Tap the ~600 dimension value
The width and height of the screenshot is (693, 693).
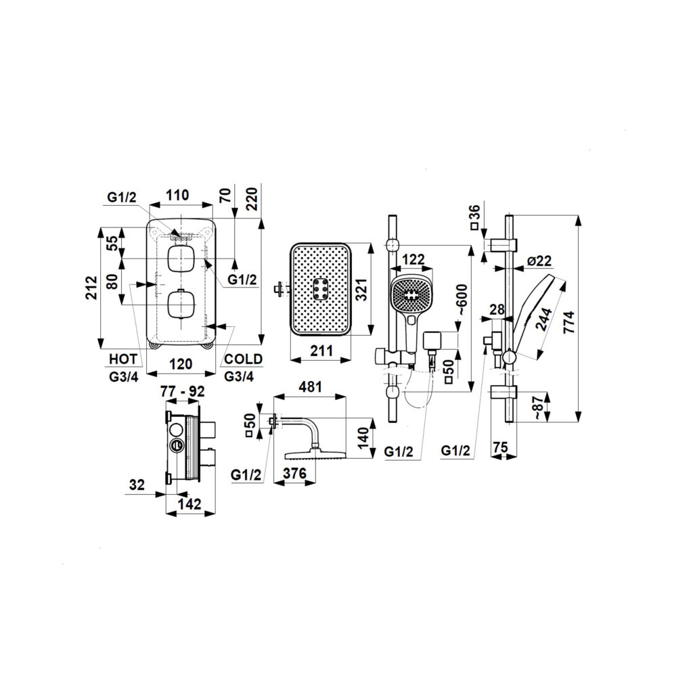coord(462,299)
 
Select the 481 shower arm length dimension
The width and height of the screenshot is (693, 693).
coord(310,386)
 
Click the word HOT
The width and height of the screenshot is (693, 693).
coord(123,359)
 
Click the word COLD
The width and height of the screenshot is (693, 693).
coord(243,359)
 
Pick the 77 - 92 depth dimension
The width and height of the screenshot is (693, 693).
coord(183,391)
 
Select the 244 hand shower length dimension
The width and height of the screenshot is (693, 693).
coord(545,319)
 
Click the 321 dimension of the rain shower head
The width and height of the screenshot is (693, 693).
coord(363,290)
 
